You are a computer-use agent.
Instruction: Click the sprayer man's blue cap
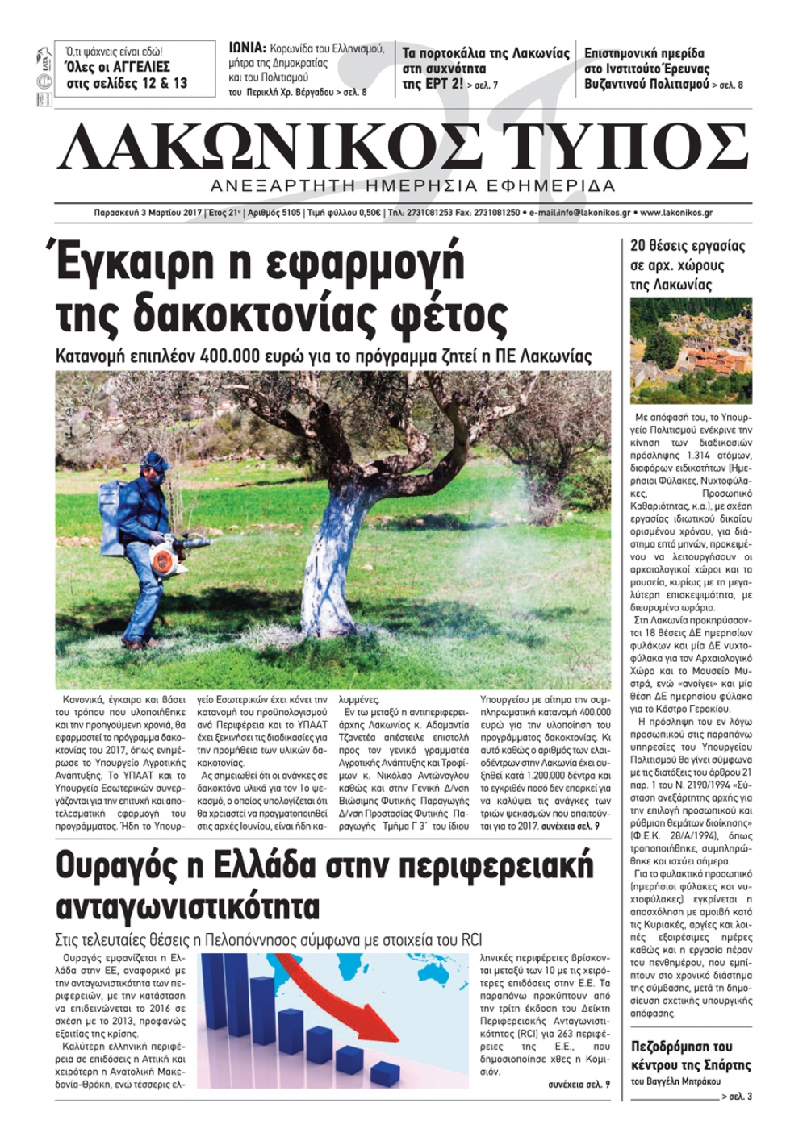151,460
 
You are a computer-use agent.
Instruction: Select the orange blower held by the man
177,555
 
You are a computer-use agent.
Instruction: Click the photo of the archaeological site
690,351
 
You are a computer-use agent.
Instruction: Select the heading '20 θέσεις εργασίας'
687,246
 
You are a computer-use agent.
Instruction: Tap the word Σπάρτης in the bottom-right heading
721,1065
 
